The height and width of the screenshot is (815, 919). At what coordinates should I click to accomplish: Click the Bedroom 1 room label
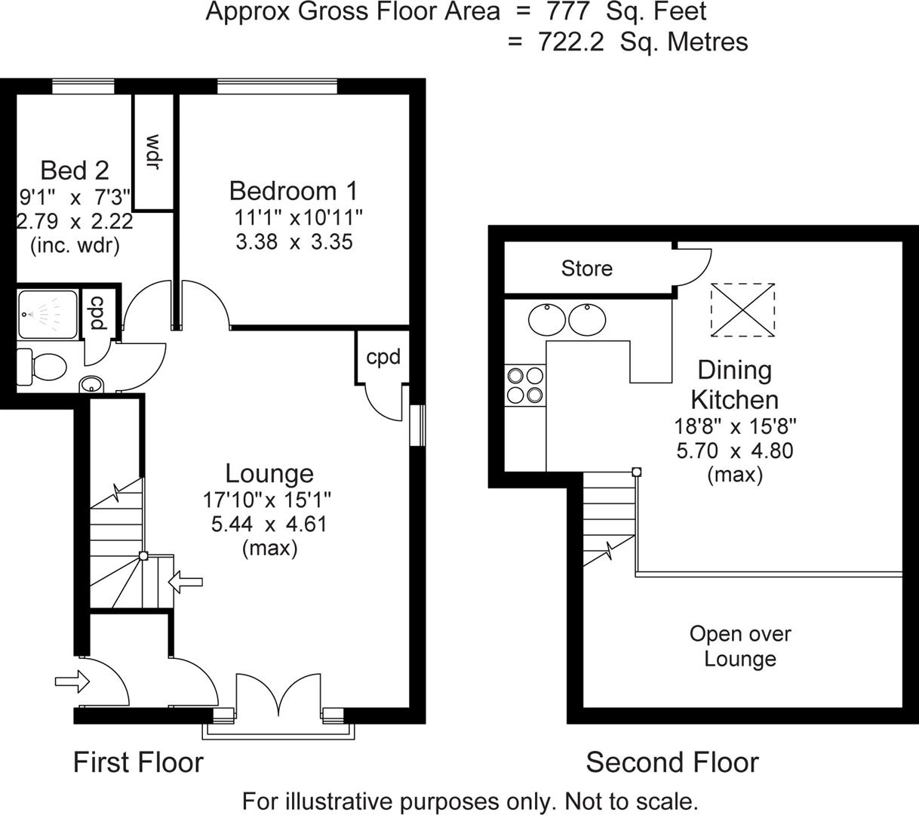[x=294, y=190]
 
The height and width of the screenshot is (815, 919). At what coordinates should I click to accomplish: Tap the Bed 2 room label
[x=75, y=170]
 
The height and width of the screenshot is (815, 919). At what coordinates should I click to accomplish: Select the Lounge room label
[x=269, y=473]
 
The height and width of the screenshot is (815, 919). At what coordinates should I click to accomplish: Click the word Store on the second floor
[x=586, y=268]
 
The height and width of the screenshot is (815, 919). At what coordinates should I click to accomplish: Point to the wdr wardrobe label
[x=154, y=152]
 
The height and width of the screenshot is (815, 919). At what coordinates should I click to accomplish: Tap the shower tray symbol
[x=48, y=314]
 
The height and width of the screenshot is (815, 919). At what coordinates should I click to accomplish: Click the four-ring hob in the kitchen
[x=525, y=385]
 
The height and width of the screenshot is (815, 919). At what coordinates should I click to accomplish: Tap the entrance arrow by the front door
[x=72, y=682]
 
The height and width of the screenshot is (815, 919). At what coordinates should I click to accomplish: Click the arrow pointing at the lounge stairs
[x=186, y=581]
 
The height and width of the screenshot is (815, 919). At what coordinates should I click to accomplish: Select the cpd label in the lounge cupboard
[x=383, y=356]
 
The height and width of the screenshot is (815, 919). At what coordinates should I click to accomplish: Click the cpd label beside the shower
[x=97, y=312]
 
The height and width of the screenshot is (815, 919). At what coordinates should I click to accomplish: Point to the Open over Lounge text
[x=740, y=646]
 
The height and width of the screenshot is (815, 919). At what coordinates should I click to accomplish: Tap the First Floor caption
[x=138, y=762]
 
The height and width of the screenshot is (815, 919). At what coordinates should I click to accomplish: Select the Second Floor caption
[x=672, y=762]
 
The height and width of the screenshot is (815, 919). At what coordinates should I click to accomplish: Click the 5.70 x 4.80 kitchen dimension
[x=735, y=451]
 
